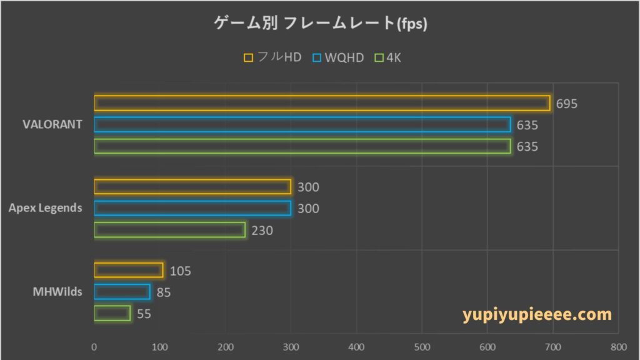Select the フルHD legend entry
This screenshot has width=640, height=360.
pos(272,57)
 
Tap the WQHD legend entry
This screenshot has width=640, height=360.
pos(337,57)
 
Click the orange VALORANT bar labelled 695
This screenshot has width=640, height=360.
pos(322,103)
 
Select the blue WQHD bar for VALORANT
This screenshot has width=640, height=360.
pos(302,124)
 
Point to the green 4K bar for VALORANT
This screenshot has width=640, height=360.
pos(302,146)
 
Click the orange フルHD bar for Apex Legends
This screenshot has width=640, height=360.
pos(192,187)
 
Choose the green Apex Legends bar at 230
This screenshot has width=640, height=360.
pos(169,230)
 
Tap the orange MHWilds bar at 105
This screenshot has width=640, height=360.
pos(128,270)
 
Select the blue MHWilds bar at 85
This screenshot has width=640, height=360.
pos(122,292)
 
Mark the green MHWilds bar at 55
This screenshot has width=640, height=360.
pos(112,312)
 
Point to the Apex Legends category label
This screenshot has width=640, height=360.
pos(46,208)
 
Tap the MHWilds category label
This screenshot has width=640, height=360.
pos(57,291)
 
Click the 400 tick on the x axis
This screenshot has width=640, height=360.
pos(356,347)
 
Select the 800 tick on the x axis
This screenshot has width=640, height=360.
pos(618,347)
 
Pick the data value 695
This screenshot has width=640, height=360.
pos(567,104)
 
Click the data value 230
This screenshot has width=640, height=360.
pos(262,231)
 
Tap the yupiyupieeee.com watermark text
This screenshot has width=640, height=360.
pos(537,314)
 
